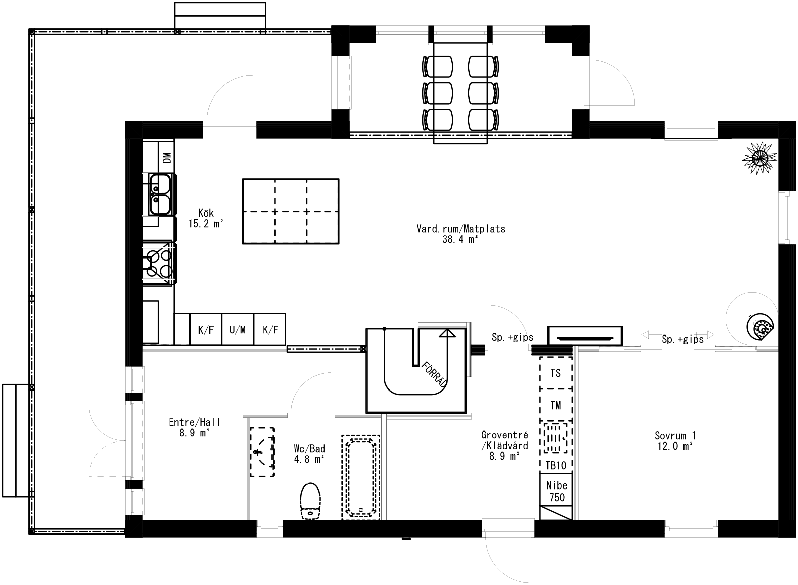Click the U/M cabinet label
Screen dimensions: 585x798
click(x=238, y=330)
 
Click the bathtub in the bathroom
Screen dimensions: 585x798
click(x=361, y=477)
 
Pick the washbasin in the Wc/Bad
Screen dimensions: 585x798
click(x=262, y=452)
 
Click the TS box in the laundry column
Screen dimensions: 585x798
click(x=556, y=373)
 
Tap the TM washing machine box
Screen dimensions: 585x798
click(x=556, y=405)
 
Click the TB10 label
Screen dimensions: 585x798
click(x=556, y=465)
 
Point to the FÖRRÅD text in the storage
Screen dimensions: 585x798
click(x=435, y=375)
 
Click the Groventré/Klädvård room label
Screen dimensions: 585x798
click(x=504, y=445)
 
